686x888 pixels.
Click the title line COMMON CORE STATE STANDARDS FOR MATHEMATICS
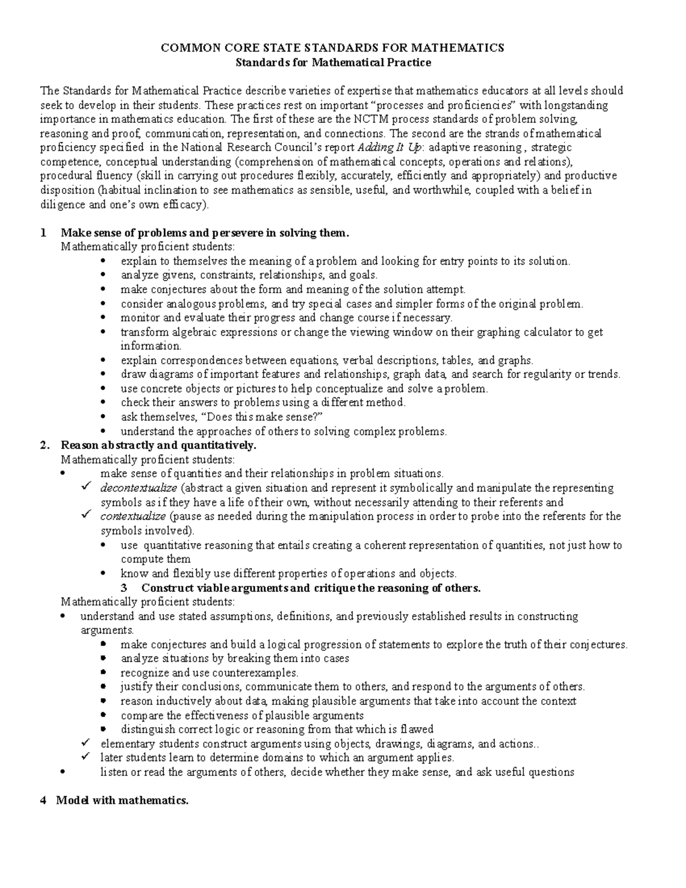click(333, 48)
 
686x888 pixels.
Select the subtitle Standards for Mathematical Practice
click(333, 62)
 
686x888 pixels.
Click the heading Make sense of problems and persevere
click(204, 233)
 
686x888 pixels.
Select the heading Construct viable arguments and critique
click(311, 588)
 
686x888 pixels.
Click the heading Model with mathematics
click(122, 801)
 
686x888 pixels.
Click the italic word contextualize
click(133, 516)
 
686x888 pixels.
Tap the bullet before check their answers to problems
click(103, 403)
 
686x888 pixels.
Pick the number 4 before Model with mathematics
click(43, 801)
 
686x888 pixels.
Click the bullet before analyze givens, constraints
click(103, 276)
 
